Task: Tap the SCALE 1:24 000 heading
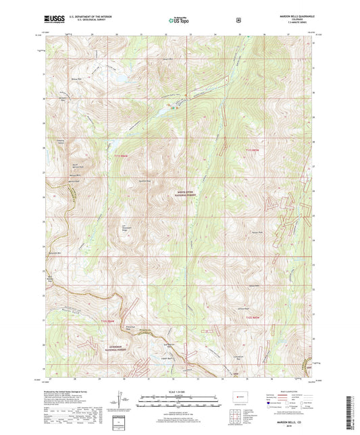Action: pos(179,391)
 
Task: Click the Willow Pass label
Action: pos(76,78)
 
